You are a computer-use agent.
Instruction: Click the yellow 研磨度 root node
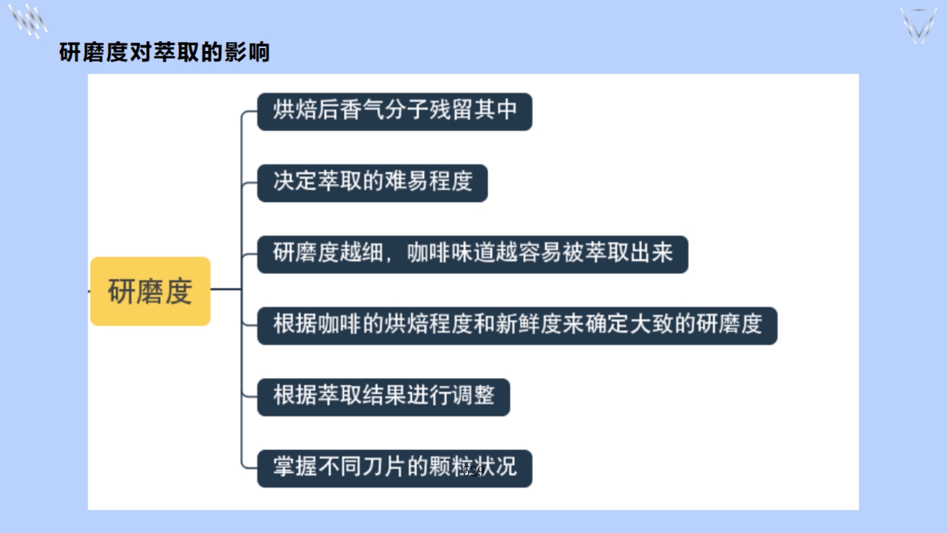[x=150, y=291]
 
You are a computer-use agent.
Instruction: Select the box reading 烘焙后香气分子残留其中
[x=394, y=112]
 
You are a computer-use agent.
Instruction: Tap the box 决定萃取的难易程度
[x=372, y=183]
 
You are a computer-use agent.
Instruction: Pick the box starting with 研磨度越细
[x=472, y=254]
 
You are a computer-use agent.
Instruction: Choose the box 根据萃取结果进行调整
[x=384, y=397]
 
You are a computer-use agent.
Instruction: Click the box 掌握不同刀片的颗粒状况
[x=394, y=468]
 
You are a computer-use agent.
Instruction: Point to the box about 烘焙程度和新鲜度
[x=517, y=326]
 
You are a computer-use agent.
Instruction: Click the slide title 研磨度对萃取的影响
[x=164, y=52]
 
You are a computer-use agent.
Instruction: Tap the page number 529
[x=474, y=471]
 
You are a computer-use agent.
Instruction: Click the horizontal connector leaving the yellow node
[x=226, y=290]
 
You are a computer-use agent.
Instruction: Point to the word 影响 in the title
[x=247, y=52]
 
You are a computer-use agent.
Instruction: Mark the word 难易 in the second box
[x=405, y=181]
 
